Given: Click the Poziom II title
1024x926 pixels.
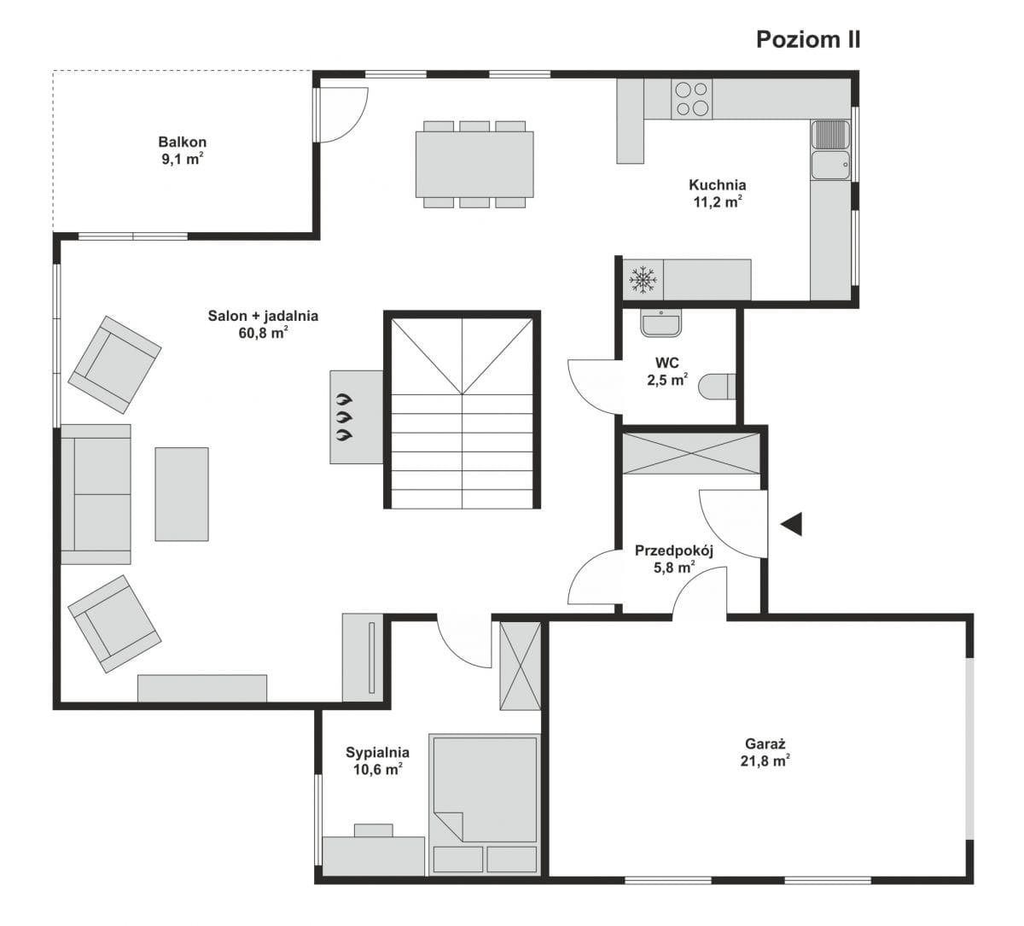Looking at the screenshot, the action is point(808,40).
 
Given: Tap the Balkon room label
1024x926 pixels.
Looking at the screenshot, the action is point(183,142).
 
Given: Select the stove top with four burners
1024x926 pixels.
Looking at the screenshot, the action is point(691,99).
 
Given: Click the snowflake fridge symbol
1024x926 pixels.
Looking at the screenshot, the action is point(643,279).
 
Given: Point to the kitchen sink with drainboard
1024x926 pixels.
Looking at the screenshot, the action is point(830,149).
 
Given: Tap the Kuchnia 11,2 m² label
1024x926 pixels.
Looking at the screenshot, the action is point(717,193).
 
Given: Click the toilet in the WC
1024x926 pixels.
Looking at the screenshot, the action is point(717,387).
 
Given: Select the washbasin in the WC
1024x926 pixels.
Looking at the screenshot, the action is point(661,323).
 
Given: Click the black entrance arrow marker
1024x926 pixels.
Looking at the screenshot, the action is point(791,524).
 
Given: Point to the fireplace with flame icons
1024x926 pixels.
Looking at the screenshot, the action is point(357,417).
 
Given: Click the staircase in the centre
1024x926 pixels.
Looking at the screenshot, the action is point(462,410).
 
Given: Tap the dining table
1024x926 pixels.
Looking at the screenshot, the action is point(474,165).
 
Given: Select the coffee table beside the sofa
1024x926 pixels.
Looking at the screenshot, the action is point(182,494).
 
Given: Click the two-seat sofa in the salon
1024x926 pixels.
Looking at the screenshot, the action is point(96,494).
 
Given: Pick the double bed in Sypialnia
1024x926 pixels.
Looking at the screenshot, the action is point(485,805).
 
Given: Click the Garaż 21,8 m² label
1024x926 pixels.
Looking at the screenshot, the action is point(765,753).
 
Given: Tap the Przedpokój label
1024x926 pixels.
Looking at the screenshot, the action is point(674,550).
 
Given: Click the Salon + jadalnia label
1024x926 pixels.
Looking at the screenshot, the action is point(263,316).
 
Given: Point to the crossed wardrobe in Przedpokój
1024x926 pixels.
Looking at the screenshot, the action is point(691,453).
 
